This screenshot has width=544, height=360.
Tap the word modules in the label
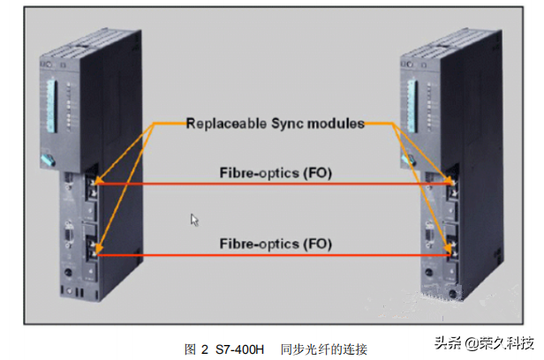340,124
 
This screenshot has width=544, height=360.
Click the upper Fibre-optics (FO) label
276,174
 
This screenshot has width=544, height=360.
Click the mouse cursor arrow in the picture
194,219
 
